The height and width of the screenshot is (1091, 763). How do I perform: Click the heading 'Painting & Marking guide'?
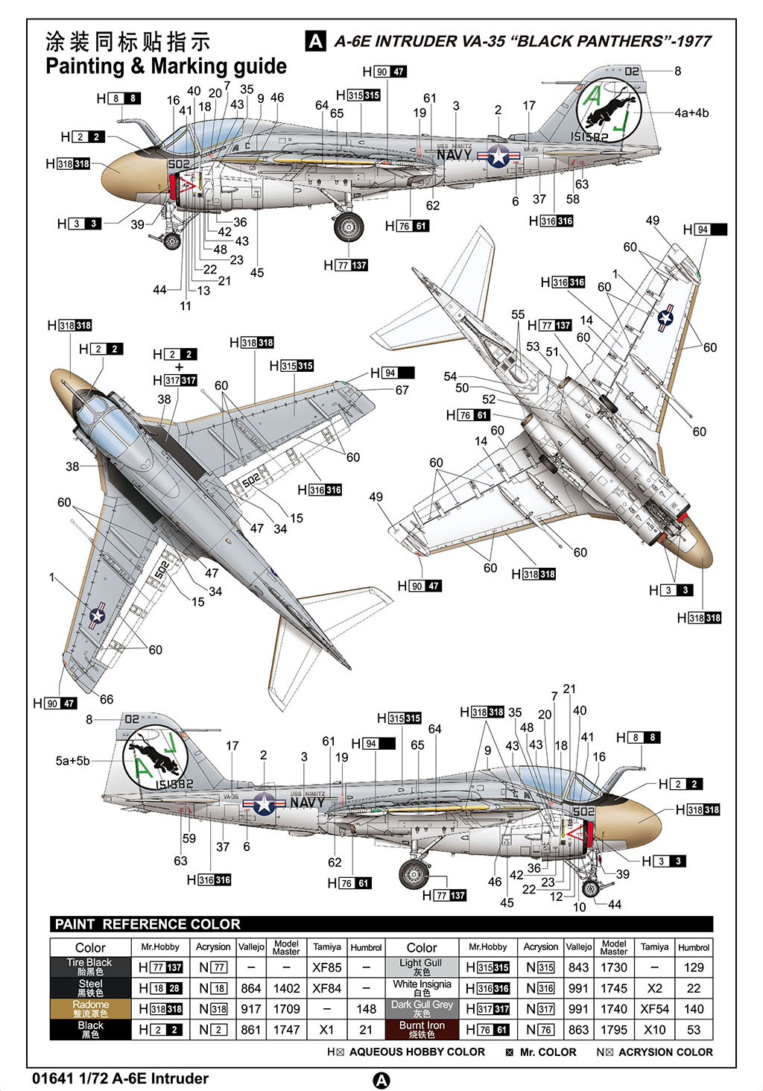point(166,66)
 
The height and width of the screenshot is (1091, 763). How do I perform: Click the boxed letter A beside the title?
point(316,42)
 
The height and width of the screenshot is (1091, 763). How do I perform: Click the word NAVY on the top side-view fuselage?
point(454,155)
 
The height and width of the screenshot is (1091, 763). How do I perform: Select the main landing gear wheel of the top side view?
point(348,227)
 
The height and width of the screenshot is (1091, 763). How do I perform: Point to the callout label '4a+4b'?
point(691,113)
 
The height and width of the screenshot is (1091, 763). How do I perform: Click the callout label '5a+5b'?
point(72,761)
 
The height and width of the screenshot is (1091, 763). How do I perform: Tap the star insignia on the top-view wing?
point(98,616)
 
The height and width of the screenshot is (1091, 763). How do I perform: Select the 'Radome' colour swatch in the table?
point(90,1009)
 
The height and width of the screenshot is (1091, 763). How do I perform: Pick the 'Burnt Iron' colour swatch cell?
point(422,1030)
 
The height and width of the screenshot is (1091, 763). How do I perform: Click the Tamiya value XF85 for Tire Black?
point(327,967)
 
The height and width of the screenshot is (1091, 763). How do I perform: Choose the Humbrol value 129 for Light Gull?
point(693,967)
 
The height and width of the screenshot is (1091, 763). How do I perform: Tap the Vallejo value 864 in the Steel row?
point(251,988)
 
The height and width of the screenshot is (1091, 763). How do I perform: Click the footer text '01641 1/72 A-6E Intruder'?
point(121,1078)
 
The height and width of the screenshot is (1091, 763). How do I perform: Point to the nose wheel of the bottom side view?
point(590,888)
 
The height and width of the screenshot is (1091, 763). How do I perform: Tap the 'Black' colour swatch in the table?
point(90,1030)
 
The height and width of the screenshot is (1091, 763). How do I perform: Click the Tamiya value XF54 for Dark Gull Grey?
point(654,1009)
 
